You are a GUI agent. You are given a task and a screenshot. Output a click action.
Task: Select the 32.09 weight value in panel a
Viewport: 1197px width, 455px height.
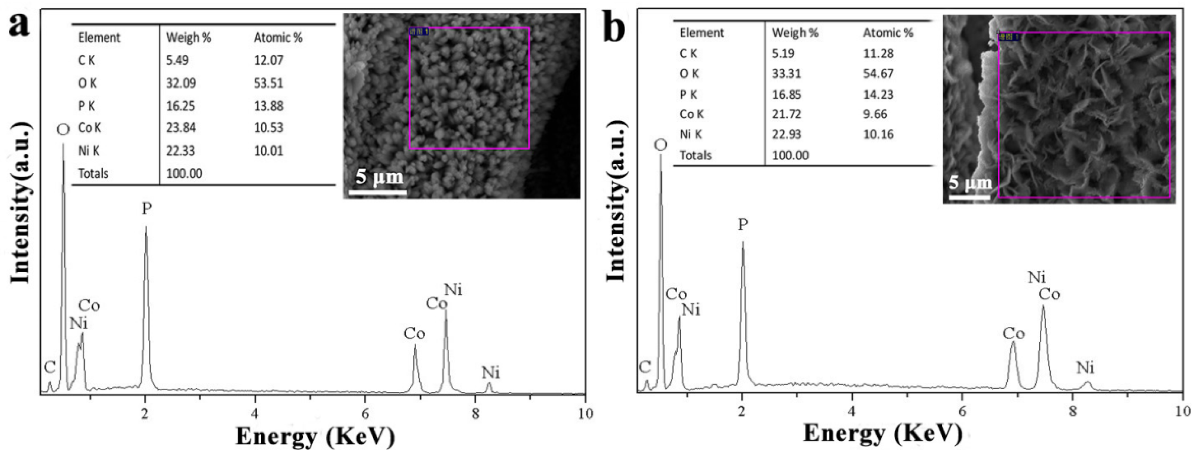(181, 83)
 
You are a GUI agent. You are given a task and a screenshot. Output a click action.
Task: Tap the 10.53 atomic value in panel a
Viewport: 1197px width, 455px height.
(268, 128)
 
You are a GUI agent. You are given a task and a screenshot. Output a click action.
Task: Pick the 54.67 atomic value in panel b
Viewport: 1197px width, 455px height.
(878, 73)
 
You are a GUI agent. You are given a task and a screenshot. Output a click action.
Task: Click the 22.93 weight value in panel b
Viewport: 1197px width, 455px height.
(787, 134)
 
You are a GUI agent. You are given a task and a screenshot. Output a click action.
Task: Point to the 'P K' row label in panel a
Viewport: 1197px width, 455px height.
(86, 106)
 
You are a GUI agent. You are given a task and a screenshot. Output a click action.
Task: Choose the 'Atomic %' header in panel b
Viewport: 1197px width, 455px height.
(888, 33)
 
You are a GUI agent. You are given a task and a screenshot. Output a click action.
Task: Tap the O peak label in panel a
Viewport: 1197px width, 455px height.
(63, 129)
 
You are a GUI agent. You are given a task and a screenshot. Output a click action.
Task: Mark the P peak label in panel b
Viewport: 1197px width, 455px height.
(743, 225)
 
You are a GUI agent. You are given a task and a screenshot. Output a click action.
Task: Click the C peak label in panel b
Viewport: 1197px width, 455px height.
(645, 367)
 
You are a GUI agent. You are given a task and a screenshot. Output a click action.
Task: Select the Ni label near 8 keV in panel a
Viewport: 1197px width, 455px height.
(490, 372)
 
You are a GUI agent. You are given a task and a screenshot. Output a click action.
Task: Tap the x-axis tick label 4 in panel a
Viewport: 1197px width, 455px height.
(255, 413)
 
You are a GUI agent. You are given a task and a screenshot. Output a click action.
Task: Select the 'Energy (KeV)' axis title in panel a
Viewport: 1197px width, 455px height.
(316, 436)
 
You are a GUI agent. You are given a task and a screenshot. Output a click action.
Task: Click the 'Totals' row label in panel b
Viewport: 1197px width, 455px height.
(695, 155)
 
